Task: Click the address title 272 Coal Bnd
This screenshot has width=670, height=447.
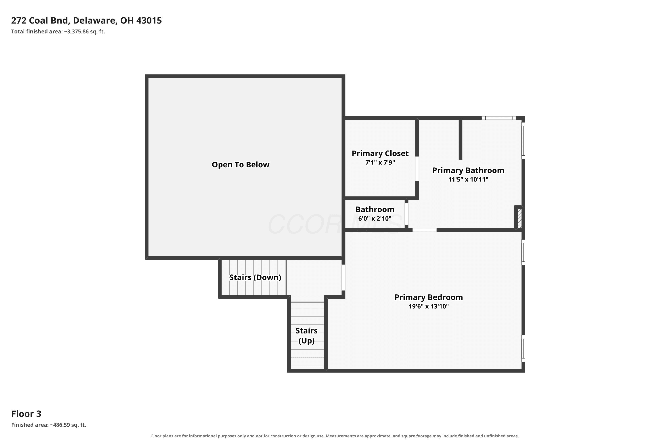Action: pos(86,21)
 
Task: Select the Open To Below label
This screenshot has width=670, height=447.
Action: pos(241,164)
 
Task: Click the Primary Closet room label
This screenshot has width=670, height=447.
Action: pos(380,153)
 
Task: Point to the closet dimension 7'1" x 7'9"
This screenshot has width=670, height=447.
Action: pos(380,162)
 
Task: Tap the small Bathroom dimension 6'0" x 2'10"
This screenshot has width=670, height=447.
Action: pos(375,218)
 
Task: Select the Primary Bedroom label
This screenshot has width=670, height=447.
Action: pos(428,297)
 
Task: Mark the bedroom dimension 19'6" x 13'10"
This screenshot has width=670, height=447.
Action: pos(428,306)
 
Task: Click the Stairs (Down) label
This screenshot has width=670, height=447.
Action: pos(255,277)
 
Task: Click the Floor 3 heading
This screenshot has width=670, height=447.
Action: pos(26,414)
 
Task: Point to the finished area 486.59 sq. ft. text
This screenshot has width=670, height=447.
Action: pos(49,425)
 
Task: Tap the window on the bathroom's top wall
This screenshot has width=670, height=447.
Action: pos(498,118)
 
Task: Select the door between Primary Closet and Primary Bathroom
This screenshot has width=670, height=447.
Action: pos(417,169)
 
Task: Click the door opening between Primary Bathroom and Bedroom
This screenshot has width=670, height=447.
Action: pos(425,230)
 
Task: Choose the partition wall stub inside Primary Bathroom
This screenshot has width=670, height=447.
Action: pos(460,139)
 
